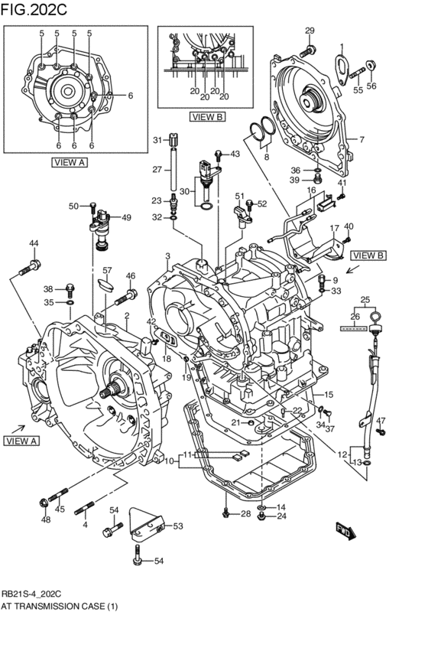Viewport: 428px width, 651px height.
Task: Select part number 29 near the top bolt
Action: [310, 31]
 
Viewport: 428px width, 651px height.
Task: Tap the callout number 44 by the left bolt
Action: [34, 243]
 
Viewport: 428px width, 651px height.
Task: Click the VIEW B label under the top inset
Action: [208, 117]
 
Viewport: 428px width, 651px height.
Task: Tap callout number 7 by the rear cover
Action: [362, 139]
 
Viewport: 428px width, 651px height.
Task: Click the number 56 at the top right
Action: [371, 86]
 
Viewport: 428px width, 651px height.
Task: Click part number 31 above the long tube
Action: [156, 140]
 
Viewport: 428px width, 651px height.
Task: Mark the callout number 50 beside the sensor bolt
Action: [73, 206]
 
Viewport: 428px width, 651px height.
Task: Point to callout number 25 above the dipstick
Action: [365, 299]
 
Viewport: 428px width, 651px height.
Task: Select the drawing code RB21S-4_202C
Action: [31, 593]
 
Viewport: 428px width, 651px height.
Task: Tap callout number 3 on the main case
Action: [167, 256]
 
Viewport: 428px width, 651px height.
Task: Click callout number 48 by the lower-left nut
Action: [46, 520]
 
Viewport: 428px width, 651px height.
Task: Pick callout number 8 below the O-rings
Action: [266, 157]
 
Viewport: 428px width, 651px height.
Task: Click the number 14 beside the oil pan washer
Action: [281, 507]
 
